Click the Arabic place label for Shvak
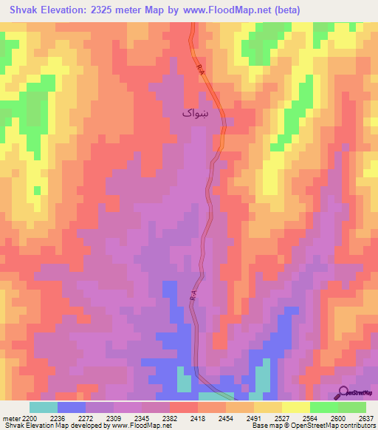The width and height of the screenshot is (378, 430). click(x=196, y=112)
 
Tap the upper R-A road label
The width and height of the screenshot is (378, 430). click(x=202, y=69)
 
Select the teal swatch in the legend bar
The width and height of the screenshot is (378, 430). click(x=44, y=407)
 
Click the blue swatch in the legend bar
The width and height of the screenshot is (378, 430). click(x=72, y=407)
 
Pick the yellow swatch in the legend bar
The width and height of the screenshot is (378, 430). click(x=296, y=407)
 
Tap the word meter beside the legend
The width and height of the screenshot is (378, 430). click(x=12, y=417)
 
